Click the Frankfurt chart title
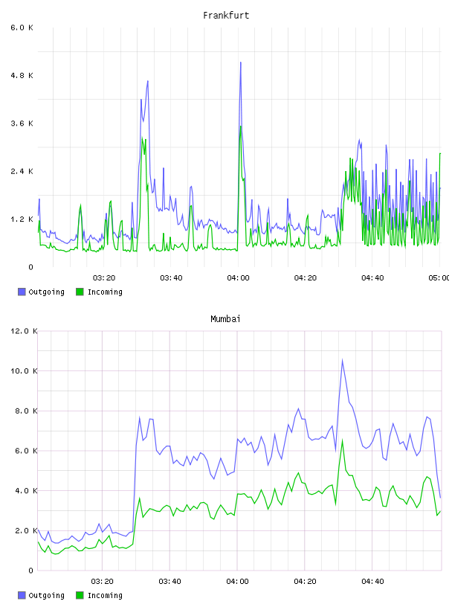click(x=226, y=16)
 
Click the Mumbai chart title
click(x=225, y=319)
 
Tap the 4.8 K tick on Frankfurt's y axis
click(x=22, y=75)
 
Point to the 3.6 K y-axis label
click(x=22, y=123)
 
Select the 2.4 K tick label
click(x=22, y=172)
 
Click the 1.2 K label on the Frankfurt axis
click(x=22, y=219)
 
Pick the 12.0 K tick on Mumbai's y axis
click(x=24, y=331)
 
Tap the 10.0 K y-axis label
click(x=24, y=371)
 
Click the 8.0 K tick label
click(x=26, y=411)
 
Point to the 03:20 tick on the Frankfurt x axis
click(x=104, y=278)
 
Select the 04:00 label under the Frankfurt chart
click(x=239, y=278)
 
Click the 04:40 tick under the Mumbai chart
click(x=372, y=582)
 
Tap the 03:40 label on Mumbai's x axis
click(x=170, y=582)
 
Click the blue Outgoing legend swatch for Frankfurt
click(x=22, y=292)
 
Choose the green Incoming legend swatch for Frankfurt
click(x=80, y=292)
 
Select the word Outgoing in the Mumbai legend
click(x=46, y=595)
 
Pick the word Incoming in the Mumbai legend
click(x=105, y=595)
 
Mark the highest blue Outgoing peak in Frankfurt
click(x=241, y=62)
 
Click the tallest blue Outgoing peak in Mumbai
click(x=342, y=360)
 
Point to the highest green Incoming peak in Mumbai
click(x=343, y=440)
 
